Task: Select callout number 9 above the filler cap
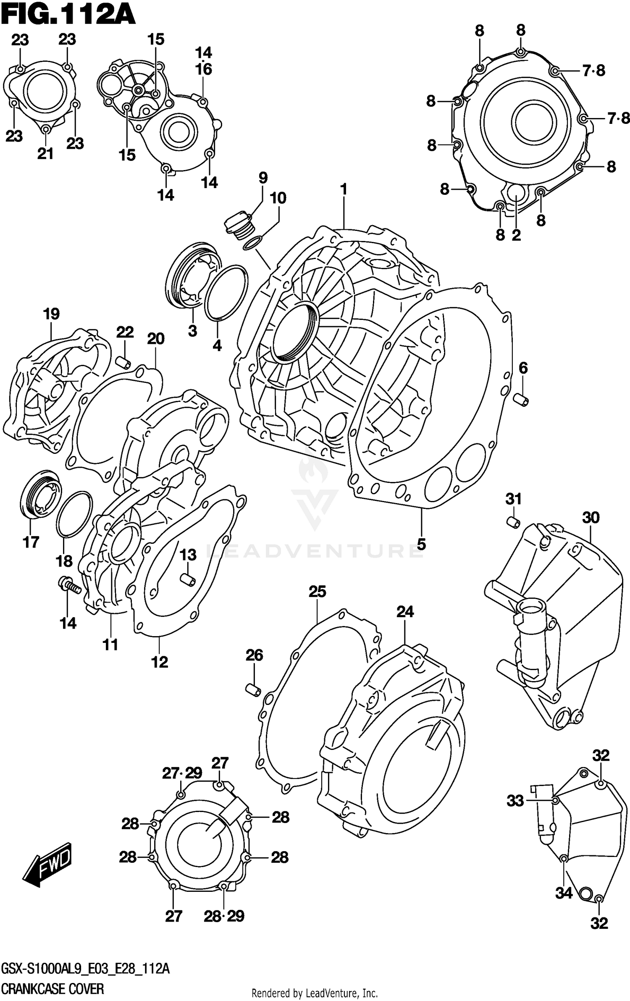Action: pos(263,178)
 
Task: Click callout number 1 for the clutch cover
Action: pos(344,190)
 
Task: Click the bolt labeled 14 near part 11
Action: pos(70,585)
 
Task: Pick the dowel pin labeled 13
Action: pos(187,579)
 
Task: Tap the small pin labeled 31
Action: pos(513,522)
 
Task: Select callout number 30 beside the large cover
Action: pos(591,517)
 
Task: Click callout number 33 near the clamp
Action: pos(515,801)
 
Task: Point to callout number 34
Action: pos(564,893)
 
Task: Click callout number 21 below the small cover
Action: pos(45,154)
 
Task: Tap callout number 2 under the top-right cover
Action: pos(516,235)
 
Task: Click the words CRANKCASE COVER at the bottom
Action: pos(52,989)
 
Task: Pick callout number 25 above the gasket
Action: pos(317,592)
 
